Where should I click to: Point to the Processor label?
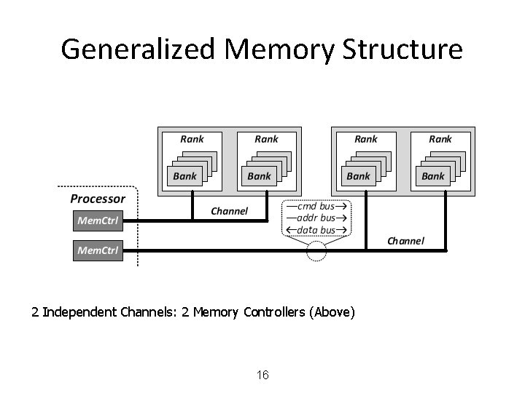click(98, 199)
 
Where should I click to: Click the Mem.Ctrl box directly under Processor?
click(98, 218)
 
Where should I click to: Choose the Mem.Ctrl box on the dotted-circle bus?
click(98, 251)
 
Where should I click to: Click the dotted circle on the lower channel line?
click(317, 252)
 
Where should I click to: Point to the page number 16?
click(263, 376)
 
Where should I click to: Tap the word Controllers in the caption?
click(274, 313)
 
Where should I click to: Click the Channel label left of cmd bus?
click(229, 212)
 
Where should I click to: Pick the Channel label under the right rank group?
click(405, 241)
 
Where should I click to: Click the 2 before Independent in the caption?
click(35, 313)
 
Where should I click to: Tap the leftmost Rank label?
click(192, 139)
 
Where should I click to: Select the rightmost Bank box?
click(432, 176)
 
